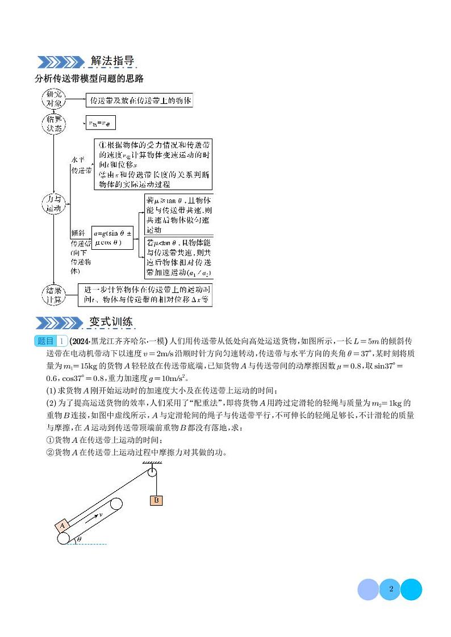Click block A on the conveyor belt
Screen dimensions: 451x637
62,526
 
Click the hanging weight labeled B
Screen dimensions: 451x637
156,500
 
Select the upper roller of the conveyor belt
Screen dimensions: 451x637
116,505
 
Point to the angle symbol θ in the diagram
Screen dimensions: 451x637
79,538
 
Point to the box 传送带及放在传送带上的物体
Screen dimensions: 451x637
140,101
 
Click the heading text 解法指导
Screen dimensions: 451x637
112,61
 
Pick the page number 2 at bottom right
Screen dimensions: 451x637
391,589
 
